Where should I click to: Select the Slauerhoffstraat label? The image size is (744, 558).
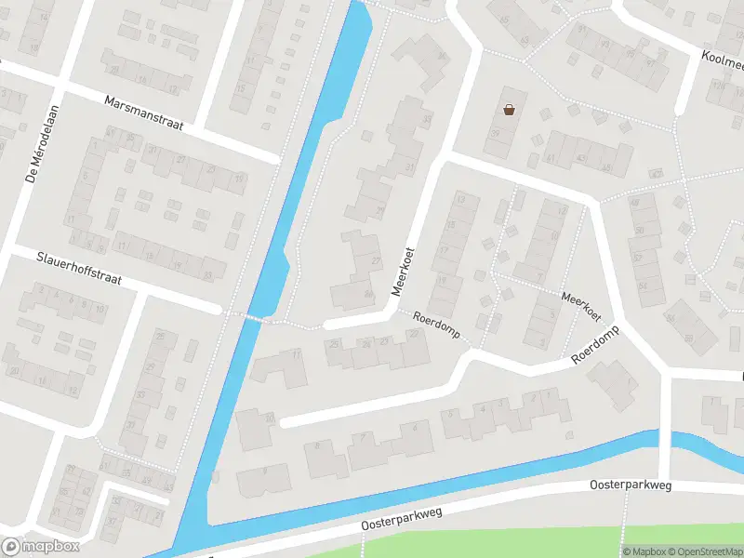(x=79, y=269)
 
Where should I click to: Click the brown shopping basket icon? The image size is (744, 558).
(x=509, y=110)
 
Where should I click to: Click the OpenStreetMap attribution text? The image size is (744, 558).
(x=706, y=551)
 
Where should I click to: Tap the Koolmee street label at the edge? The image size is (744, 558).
(x=724, y=60)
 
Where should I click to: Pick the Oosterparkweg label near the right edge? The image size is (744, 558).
(x=630, y=485)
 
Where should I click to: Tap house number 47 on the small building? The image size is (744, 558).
(x=658, y=174)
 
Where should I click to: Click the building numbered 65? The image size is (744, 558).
(x=525, y=41)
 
